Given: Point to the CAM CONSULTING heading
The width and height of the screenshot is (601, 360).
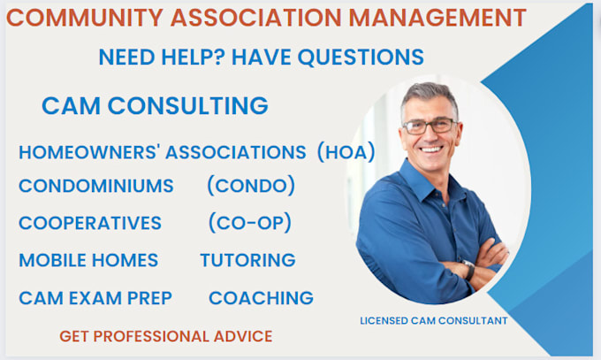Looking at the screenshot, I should pos(155,106).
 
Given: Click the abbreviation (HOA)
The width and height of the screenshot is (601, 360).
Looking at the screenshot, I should pos(346,152).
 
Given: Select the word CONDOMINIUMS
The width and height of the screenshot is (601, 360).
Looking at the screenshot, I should pos(96,187).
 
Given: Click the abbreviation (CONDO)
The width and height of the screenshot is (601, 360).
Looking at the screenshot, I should pos(251,187).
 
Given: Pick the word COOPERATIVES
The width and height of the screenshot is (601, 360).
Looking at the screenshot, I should pos(90,223).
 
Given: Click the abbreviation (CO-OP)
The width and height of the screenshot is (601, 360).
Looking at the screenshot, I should pos(250,223).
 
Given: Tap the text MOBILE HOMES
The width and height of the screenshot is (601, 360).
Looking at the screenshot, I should pos(88,260).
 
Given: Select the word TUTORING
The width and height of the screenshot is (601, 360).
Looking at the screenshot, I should pos(247,260).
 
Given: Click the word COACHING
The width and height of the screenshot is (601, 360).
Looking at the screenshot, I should pos(261,298).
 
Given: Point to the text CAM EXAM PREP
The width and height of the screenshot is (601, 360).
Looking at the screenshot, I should pos(95,298).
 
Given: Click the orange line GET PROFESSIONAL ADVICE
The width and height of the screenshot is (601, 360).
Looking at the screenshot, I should pos(166,336).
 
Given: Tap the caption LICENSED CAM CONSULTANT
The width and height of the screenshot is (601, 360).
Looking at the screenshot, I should pos(433,320).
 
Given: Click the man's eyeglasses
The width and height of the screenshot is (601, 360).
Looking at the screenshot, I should pos(429,125).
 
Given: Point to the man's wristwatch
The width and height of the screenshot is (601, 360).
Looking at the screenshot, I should pos(468,268).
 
